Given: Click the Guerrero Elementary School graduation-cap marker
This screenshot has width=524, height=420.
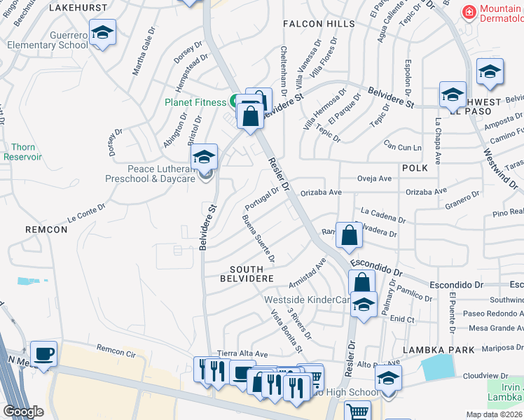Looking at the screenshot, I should [x=102, y=34].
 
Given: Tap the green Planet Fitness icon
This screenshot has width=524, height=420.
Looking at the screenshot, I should [x=233, y=101].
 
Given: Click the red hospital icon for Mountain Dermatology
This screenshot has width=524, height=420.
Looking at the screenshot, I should [x=468, y=13].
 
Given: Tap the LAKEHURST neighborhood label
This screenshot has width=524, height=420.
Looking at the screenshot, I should [x=80, y=8].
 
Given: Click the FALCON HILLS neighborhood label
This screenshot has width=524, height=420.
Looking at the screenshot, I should [x=319, y=24].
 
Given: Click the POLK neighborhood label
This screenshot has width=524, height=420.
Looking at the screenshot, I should [x=414, y=169].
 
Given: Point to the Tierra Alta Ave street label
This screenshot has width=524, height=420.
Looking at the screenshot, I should [x=243, y=354].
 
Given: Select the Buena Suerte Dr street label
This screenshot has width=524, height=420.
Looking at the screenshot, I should [x=258, y=239].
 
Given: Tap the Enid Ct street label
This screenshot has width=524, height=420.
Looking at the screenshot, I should [x=402, y=318].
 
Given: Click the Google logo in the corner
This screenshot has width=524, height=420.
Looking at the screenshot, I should [x=23, y=412].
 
